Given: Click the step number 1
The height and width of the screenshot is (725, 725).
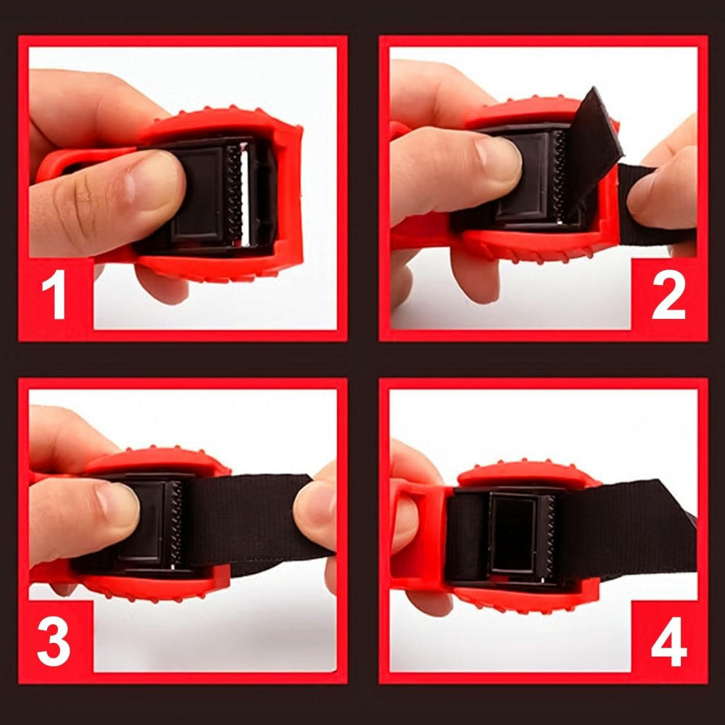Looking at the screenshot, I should point(54,297).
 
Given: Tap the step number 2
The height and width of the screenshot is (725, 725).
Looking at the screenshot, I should point(668,297).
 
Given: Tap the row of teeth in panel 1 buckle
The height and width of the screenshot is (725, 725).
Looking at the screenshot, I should point(234,192).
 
